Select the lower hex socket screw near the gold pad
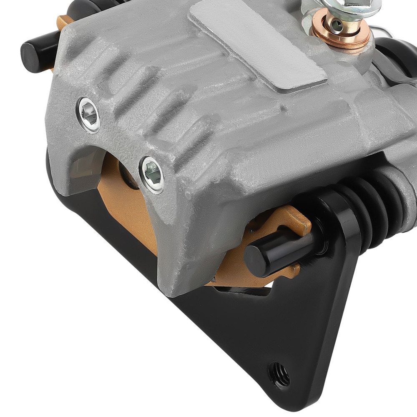pos(152,175)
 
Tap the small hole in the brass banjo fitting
pos(336,26)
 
